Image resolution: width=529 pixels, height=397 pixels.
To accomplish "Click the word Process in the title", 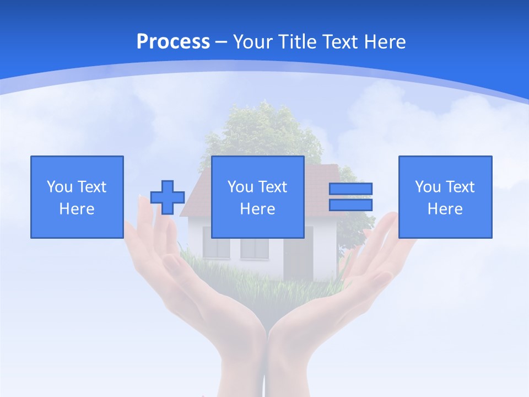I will click(173, 42).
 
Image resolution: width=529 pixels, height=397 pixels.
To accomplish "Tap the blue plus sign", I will click(168, 197).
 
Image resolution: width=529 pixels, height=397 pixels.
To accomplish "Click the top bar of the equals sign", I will click(350, 189).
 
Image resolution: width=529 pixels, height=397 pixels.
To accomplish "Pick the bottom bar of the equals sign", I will click(350, 205).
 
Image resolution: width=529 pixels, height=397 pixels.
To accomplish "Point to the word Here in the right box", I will click(445, 209).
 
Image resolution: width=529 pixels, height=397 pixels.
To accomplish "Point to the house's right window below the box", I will click(254, 249).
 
